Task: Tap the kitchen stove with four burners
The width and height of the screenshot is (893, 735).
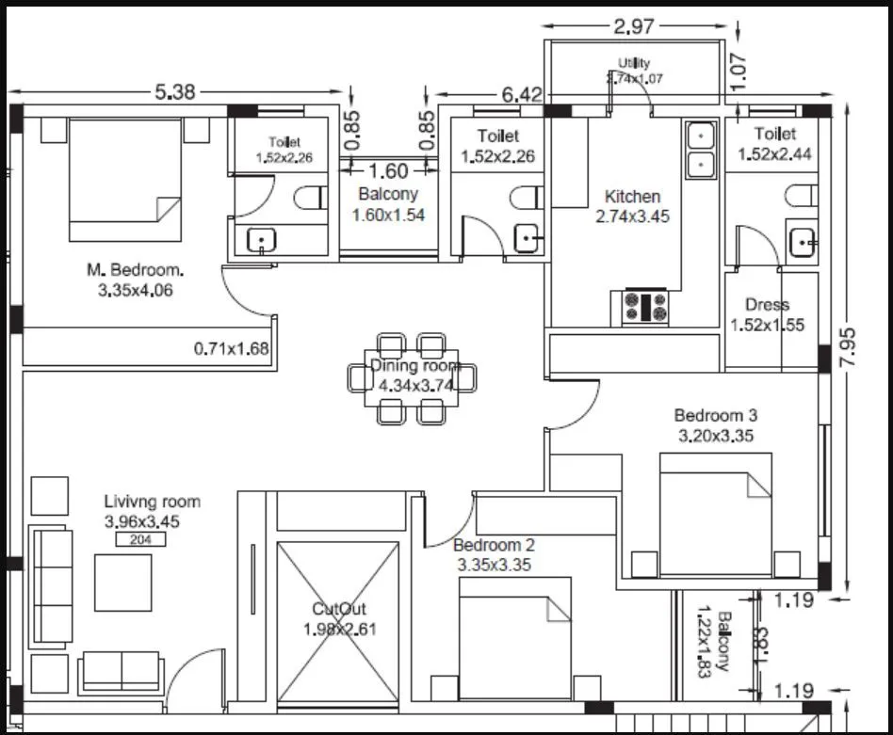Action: pos(645,306)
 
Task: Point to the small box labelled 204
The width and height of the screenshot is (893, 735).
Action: pos(140,539)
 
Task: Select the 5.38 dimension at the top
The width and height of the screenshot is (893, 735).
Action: pos(176,92)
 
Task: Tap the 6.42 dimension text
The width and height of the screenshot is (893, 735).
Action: pos(522,94)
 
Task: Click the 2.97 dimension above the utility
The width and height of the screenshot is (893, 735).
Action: pos(634,26)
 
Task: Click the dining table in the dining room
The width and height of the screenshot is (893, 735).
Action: pos(412,376)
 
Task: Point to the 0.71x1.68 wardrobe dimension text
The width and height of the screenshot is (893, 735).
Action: pos(232,348)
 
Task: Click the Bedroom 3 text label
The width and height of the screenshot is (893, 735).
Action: pos(716,415)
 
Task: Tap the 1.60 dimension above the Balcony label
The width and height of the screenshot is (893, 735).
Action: pos(388,171)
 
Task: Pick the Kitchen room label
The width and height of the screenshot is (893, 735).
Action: pos(632,197)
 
